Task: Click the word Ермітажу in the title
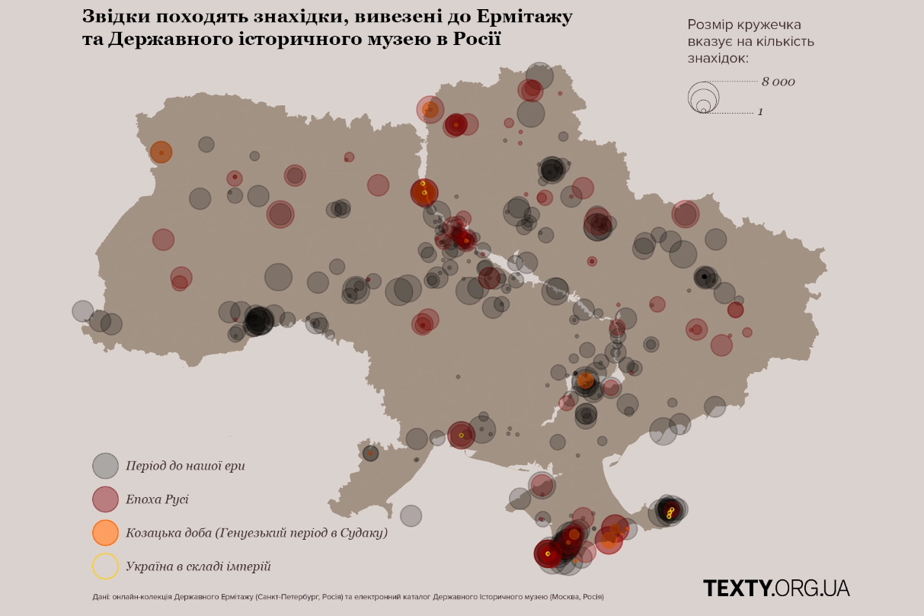530,16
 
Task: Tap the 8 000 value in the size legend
778,82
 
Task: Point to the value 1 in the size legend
760,112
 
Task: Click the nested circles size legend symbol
703,98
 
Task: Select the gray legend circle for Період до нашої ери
105,466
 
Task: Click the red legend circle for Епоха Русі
105,499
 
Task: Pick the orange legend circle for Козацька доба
105,533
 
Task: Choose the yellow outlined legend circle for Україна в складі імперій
105,566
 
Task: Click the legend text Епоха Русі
157,500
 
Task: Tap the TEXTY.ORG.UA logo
775,588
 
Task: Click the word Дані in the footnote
101,597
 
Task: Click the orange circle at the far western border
161,152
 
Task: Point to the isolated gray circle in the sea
411,515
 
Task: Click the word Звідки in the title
112,16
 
